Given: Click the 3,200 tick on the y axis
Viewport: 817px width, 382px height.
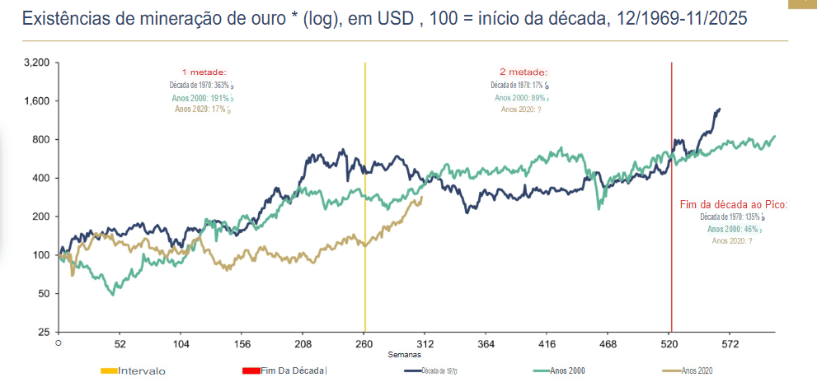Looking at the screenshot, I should pyautogui.click(x=38, y=63).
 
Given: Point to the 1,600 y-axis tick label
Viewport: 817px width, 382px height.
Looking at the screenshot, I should pyautogui.click(x=38, y=101).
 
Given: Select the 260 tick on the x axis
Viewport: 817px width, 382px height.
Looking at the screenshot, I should pyautogui.click(x=364, y=344).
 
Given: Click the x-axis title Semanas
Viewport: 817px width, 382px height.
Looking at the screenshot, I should pyautogui.click(x=406, y=354).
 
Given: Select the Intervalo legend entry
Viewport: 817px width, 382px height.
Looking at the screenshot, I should pyautogui.click(x=141, y=370).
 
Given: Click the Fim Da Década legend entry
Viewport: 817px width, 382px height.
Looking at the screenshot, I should pyautogui.click(x=293, y=370).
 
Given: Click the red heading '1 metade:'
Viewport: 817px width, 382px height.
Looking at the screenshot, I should pyautogui.click(x=204, y=72).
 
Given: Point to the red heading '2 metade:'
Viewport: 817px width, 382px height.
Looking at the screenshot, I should pyautogui.click(x=523, y=72).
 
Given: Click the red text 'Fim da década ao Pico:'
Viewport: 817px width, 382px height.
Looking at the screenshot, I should pyautogui.click(x=733, y=204).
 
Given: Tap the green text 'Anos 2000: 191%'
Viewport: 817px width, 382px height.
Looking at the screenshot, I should pyautogui.click(x=200, y=97).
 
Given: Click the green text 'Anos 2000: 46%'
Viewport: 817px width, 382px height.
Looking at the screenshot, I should pyautogui.click(x=732, y=229).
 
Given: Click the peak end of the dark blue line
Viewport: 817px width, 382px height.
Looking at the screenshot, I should pyautogui.click(x=720, y=109).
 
